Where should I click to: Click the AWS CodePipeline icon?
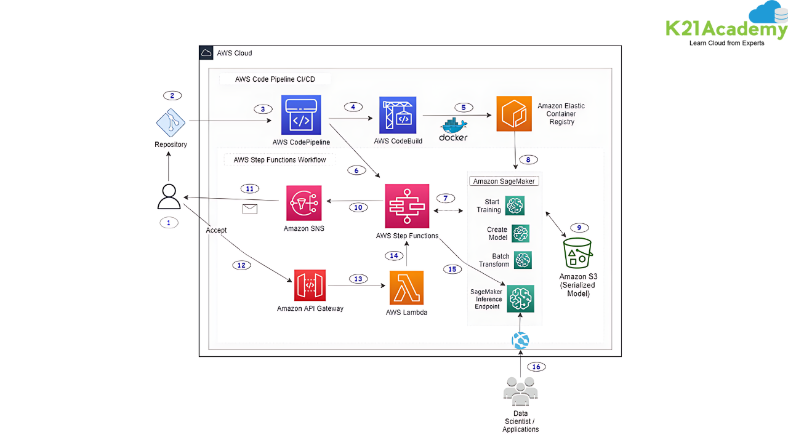(301, 115)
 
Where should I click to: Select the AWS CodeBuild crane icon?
(398, 115)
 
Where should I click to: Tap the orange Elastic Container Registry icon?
(514, 114)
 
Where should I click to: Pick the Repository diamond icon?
(171, 122)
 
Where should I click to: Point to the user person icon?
(169, 197)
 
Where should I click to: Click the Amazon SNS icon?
(304, 203)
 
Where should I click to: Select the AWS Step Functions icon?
(407, 206)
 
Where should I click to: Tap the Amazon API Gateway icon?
(310, 286)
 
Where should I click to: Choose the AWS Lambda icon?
(406, 287)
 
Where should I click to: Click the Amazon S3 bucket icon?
(577, 253)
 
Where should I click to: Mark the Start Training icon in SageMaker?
(515, 206)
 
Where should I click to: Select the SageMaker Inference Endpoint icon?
(520, 298)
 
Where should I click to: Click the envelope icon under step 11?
(250, 209)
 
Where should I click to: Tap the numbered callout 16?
(536, 367)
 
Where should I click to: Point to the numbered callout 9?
(579, 228)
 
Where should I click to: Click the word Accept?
(216, 230)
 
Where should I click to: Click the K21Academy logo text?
(726, 30)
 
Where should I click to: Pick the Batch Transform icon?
(523, 260)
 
